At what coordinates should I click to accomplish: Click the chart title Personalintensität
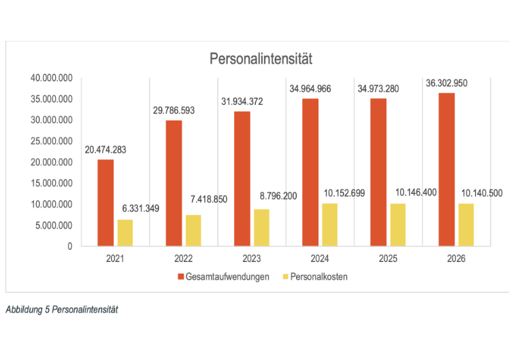tap(260, 59)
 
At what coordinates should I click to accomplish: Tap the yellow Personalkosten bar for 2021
tap(125, 233)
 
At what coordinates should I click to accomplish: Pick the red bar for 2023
tap(242, 178)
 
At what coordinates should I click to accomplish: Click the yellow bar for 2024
tap(330, 225)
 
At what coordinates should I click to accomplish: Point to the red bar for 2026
tap(447, 169)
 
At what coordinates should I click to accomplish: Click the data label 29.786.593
tap(174, 110)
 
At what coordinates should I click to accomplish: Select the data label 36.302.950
tap(447, 82)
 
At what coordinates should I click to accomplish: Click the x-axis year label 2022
tap(184, 259)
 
